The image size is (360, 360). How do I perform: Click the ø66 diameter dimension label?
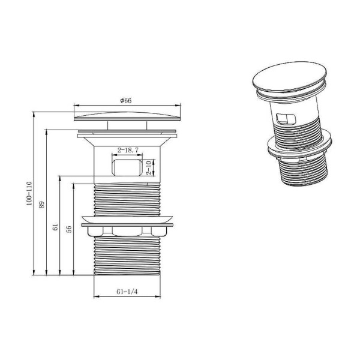125,100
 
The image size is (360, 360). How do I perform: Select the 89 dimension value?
43,205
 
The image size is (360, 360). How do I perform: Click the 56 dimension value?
68,229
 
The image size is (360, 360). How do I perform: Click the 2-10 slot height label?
149,167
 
